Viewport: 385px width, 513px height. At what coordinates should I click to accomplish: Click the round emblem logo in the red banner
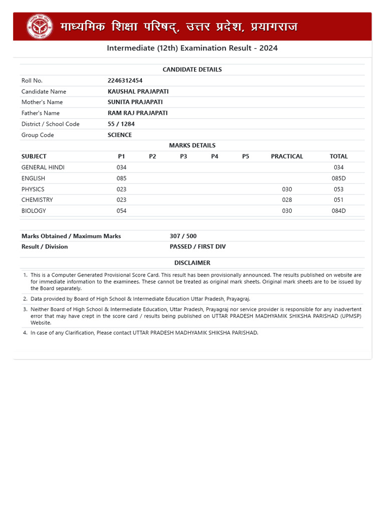click(x=40, y=27)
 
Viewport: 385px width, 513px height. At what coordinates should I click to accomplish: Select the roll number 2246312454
click(x=125, y=81)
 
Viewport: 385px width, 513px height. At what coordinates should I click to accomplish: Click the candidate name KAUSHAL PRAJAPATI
click(x=138, y=92)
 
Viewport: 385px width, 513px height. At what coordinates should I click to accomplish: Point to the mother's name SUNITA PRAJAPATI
click(x=135, y=102)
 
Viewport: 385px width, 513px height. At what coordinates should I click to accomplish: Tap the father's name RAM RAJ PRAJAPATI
click(x=137, y=113)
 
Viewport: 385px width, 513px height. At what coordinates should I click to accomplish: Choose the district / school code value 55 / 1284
click(x=121, y=124)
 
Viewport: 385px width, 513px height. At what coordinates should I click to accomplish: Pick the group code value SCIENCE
click(x=119, y=135)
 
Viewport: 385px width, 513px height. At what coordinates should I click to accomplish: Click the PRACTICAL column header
click(x=287, y=156)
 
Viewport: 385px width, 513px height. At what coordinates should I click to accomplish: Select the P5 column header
click(x=246, y=156)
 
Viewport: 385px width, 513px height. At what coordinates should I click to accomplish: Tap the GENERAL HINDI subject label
click(x=43, y=167)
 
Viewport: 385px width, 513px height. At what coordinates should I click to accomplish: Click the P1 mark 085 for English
click(x=121, y=178)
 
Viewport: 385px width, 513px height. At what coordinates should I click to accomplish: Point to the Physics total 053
click(x=338, y=189)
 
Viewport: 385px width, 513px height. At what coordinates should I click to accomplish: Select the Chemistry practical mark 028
click(x=287, y=200)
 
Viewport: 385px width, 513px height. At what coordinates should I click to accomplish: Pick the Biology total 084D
click(x=339, y=211)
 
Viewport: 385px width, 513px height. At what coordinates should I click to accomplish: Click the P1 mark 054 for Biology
click(x=121, y=211)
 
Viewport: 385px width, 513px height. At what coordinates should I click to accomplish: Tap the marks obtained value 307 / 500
click(x=183, y=236)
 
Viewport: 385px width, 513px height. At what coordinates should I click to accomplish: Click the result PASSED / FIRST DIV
click(x=198, y=247)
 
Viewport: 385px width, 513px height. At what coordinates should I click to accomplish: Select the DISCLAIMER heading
click(x=192, y=263)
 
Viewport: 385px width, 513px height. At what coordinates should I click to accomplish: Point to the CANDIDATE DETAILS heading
click(x=192, y=70)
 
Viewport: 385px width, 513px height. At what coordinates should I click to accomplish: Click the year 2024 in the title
click(x=269, y=48)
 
